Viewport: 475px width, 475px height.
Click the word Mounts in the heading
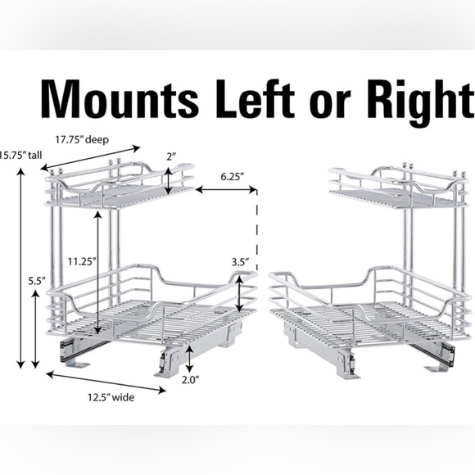(120, 99)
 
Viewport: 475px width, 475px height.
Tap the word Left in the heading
(255, 99)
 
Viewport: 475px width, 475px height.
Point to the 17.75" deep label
(82, 140)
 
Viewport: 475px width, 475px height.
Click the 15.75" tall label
(20, 155)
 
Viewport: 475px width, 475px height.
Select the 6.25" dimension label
(232, 176)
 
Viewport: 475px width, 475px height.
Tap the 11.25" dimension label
(82, 261)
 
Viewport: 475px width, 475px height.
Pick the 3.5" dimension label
(241, 262)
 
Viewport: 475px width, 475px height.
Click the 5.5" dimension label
(37, 281)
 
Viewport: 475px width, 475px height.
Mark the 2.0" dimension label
(190, 379)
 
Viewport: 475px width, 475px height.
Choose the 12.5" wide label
(111, 397)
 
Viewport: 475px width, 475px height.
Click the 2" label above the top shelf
(171, 156)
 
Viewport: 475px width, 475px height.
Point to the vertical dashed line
(257, 231)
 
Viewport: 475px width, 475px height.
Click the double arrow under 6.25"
(226, 190)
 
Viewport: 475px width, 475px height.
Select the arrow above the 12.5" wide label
(106, 382)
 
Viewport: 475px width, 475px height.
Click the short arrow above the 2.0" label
(189, 359)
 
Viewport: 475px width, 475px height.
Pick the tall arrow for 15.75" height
(20, 268)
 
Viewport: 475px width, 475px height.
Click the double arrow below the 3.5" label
(239, 295)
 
